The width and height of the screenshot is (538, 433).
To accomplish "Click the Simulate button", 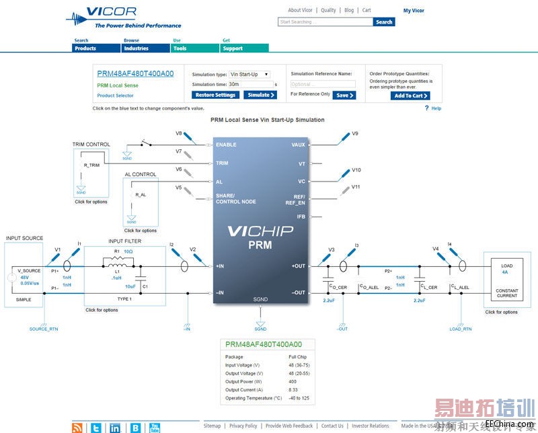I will point(260,95).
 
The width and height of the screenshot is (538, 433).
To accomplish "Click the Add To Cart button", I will point(410,95).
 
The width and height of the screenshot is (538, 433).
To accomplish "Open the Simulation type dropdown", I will point(249,74).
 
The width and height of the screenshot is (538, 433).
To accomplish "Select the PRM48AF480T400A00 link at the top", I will point(135,74).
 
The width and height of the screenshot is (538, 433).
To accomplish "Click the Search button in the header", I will point(384,22).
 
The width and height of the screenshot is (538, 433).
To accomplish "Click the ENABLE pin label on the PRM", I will point(226,145).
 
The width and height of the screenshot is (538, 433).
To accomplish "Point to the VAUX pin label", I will point(299,145).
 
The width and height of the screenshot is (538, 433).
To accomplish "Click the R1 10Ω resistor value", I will point(128,251).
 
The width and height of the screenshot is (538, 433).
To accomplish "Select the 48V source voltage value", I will point(24,276).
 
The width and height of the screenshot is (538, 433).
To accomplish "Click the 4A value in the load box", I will point(506,273).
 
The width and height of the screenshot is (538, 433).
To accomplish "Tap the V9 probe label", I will point(355,133).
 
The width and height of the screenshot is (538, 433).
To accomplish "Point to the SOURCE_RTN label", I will point(43,329).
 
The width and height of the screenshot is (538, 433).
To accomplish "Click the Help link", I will point(436,108).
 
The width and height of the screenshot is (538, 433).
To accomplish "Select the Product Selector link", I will point(115,95).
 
